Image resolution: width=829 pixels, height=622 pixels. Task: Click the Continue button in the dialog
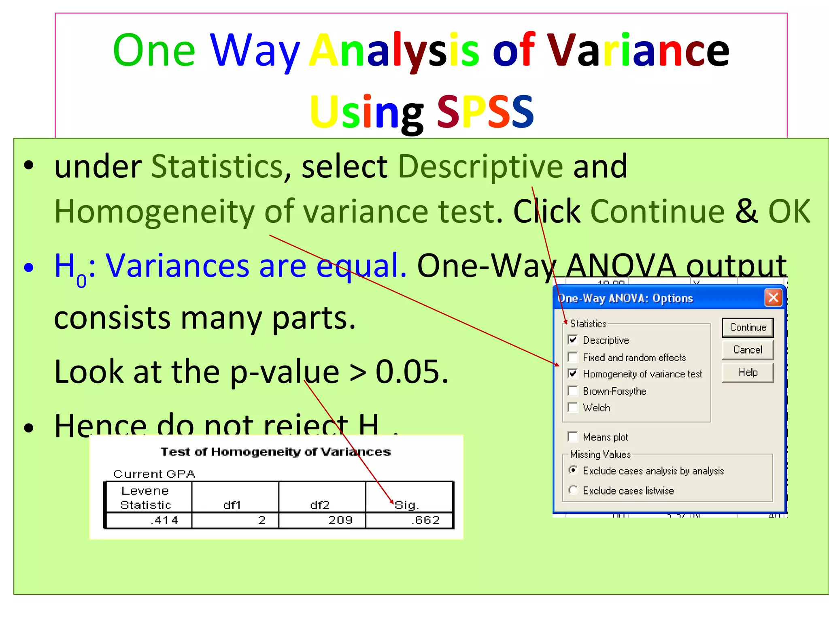point(748,327)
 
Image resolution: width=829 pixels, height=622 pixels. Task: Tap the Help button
point(748,373)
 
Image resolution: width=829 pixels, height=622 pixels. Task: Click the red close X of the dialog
point(773,298)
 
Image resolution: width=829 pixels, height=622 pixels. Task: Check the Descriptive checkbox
point(573,340)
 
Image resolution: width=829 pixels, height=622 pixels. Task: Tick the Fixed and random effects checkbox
point(573,357)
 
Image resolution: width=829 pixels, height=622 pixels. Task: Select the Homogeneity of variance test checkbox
point(573,373)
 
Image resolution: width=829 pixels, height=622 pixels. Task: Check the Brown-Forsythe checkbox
point(573,391)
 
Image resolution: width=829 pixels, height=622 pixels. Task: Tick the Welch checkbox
point(573,407)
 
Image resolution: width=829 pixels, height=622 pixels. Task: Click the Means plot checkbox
point(573,437)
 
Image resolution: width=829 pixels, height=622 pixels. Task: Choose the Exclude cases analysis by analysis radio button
point(573,470)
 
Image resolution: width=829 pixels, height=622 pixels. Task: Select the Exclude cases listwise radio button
point(573,490)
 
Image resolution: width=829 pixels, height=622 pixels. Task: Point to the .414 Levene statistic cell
point(164,520)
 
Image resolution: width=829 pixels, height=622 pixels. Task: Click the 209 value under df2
point(340,520)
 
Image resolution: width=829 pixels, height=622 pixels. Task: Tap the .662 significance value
point(425,520)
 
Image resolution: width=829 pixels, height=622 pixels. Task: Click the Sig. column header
point(407,505)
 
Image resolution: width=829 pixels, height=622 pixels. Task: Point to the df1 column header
point(232,505)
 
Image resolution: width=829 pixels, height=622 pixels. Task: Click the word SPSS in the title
point(485,111)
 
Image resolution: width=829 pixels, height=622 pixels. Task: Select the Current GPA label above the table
point(154,474)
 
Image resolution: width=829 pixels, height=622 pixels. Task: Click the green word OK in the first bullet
point(789,211)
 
